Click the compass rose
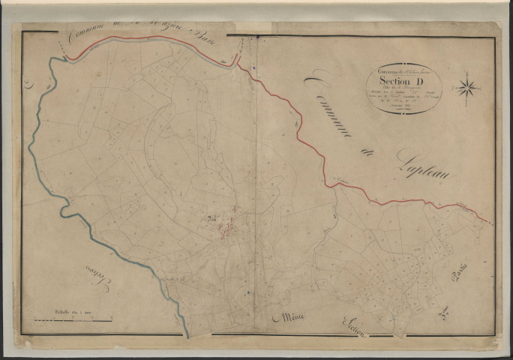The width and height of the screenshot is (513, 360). [468, 88]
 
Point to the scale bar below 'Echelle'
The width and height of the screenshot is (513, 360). [73, 318]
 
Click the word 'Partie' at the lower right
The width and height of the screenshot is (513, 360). [458, 275]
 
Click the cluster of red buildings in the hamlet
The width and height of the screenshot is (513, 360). [231, 223]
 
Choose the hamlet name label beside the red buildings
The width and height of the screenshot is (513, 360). [211, 219]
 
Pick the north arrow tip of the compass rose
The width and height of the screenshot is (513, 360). [469, 74]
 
